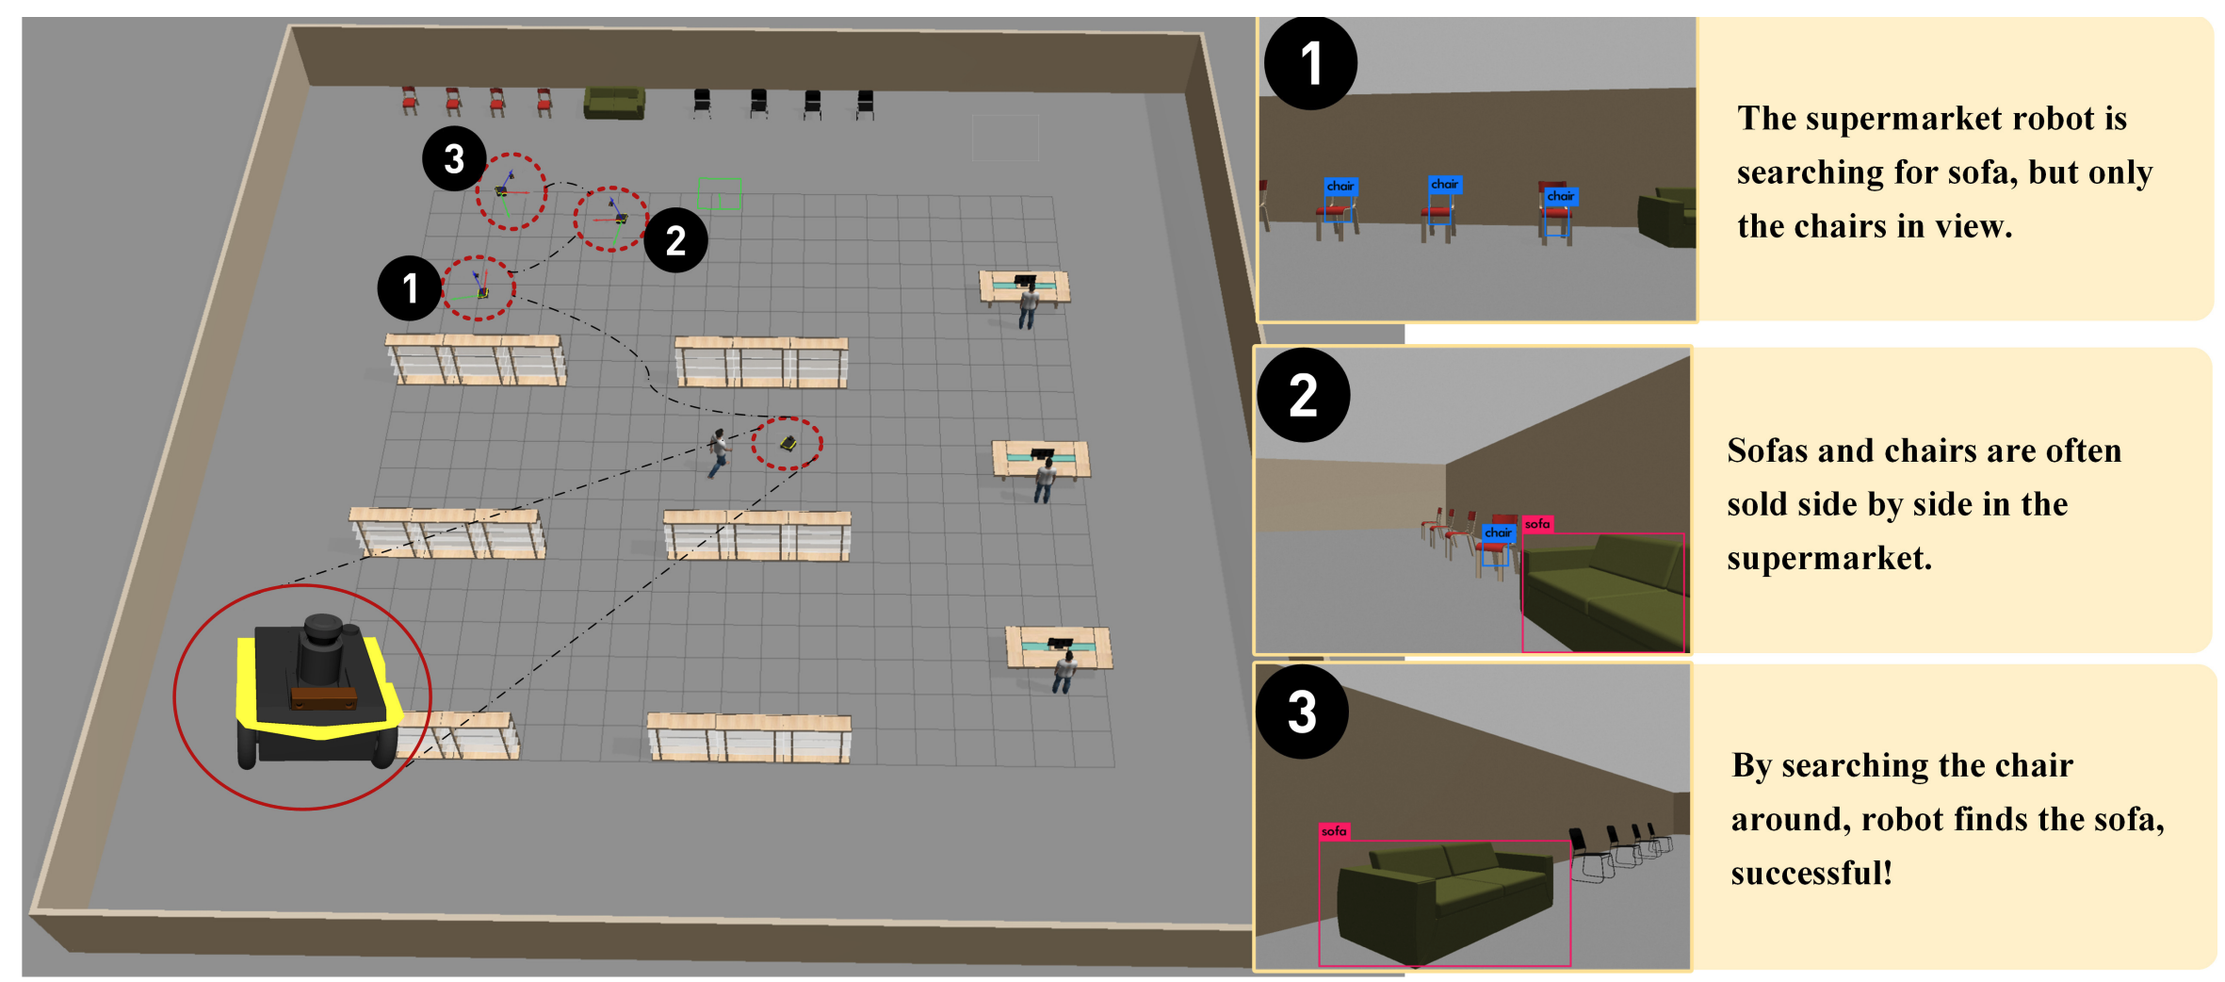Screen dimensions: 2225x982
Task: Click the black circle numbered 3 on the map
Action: tap(454, 158)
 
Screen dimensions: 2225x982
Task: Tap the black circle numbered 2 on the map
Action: tap(675, 240)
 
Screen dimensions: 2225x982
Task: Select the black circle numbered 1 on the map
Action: tap(410, 287)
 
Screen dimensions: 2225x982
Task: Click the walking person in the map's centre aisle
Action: tap(719, 452)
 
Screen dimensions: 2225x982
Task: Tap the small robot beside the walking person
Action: tap(788, 443)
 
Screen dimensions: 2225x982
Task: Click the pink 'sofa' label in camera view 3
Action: tap(1334, 831)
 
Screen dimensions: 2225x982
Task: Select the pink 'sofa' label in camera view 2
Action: tap(1537, 524)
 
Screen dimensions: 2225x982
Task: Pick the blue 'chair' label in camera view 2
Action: tap(1498, 532)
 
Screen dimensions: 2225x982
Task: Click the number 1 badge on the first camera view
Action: tap(1310, 63)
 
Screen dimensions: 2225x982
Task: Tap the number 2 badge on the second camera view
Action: tap(1304, 395)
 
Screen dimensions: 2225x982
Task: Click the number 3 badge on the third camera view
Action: tap(1302, 712)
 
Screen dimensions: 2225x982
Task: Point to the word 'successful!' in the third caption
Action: tap(1811, 873)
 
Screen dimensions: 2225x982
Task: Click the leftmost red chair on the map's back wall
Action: tap(410, 100)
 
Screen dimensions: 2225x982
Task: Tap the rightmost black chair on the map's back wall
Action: tap(865, 104)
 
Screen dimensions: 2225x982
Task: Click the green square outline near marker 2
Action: tap(720, 194)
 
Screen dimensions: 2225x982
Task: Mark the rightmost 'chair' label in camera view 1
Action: tap(1561, 196)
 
